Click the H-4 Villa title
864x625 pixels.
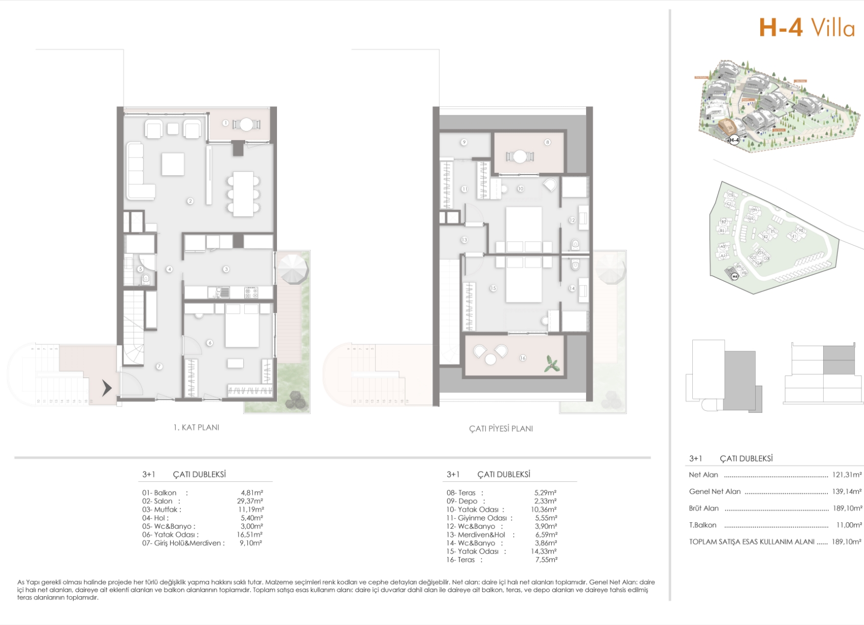[x=806, y=28]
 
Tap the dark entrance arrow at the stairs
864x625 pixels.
[x=106, y=388]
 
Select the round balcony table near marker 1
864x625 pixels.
[x=246, y=124]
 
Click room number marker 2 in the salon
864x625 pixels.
[x=190, y=201]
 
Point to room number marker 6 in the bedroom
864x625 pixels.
[x=209, y=343]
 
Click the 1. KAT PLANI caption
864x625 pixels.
[x=196, y=428]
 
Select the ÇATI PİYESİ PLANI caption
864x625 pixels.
[x=501, y=429]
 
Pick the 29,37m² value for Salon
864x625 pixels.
[x=250, y=501]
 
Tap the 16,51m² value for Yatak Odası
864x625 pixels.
[x=250, y=534]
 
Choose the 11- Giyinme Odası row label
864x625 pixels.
[x=477, y=518]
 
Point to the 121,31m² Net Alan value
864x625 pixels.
[x=847, y=475]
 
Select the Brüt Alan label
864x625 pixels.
[x=704, y=508]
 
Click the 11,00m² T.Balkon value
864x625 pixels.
[x=849, y=525]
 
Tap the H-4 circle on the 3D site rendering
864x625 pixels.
[x=734, y=140]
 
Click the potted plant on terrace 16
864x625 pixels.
[x=552, y=364]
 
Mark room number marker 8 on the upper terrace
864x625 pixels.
[x=547, y=142]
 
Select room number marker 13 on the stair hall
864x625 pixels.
[x=464, y=239]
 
